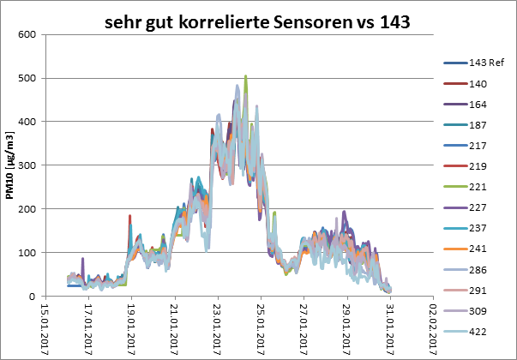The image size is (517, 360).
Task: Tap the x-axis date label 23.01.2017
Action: [218, 327]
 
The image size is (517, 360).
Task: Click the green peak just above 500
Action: [246, 77]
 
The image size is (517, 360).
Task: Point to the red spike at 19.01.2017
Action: [129, 217]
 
